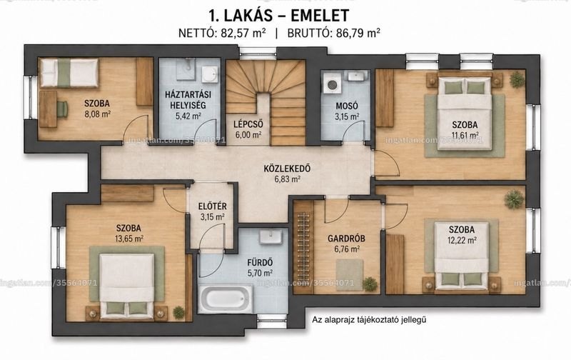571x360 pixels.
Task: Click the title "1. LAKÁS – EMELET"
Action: pos(279,15)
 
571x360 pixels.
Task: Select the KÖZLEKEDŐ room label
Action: pos(287,169)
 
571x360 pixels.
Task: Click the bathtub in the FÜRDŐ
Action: pos(226,298)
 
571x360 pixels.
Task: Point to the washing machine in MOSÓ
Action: pos(332,84)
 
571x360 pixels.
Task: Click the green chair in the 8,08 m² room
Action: pos(62,109)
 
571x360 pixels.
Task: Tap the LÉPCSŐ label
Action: pos(248,124)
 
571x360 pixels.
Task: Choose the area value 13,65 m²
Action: pos(129,239)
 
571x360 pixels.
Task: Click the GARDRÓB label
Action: pos(346,239)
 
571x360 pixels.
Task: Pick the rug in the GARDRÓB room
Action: pos(349,275)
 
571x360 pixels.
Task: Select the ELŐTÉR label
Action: pos(212,206)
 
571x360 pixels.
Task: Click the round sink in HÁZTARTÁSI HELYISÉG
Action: pos(210,74)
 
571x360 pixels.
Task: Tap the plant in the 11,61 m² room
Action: pos(517,80)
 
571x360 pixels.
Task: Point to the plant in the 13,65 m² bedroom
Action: pos(178,312)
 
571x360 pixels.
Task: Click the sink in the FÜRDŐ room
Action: pos(271,237)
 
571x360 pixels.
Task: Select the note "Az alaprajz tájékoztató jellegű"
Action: pos(369,320)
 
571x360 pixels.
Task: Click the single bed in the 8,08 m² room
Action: pos(69,73)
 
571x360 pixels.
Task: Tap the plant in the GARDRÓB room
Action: pos(370,283)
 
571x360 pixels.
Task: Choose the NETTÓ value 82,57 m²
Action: pos(243,33)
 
